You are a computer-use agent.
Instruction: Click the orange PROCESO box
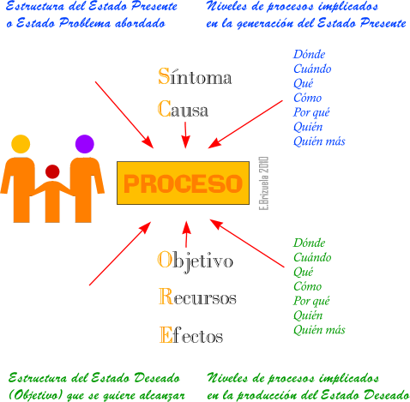coord(183,183)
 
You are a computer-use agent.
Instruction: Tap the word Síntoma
coord(195,76)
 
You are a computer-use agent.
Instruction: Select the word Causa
coord(183,109)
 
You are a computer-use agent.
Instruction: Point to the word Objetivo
coord(196,261)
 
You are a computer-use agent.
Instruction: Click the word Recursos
coord(197,297)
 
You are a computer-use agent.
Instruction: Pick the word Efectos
coord(191,334)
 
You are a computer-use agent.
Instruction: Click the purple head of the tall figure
coord(85,144)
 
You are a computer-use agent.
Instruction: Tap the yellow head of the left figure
coord(21,144)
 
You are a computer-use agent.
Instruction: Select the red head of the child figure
coord(52,171)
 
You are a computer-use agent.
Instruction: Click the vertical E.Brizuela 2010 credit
coord(263,183)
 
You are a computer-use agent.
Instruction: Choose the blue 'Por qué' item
coord(311,112)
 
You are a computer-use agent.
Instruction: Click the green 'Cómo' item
coord(308,286)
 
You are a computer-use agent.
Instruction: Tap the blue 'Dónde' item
coord(309,54)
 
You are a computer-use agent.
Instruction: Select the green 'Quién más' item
coord(319,330)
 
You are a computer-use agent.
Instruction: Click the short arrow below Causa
coord(185,135)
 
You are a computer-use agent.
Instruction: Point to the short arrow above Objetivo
coord(186,234)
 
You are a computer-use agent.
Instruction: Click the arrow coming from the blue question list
coord(245,124)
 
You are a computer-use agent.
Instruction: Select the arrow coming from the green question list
coord(247,243)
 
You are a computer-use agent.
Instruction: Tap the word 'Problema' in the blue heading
coord(85,23)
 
